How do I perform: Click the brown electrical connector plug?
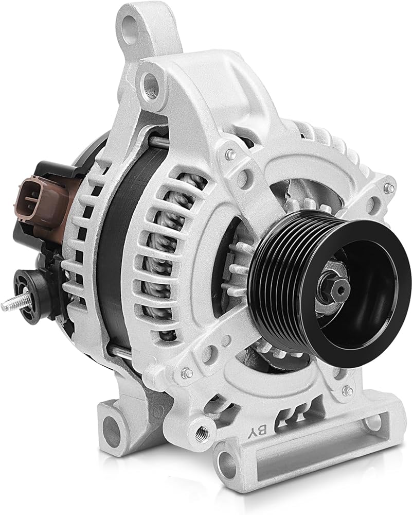(43, 200)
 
